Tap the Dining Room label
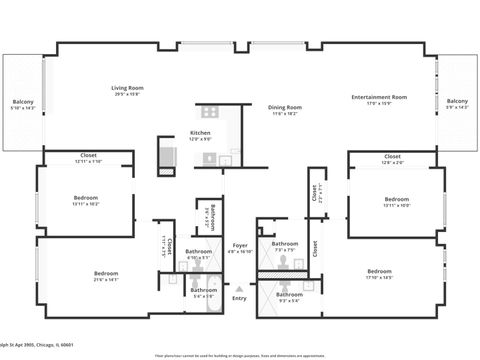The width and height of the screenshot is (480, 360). pos(284,107)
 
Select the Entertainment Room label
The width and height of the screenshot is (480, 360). pos(379,97)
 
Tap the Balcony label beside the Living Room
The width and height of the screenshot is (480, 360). pos(23,102)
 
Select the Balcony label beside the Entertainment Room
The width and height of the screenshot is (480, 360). pos(457,101)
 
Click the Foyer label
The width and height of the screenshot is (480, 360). pos(240,245)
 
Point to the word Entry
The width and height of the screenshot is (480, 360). pos(239,298)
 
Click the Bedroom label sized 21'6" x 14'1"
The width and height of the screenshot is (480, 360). pos(107,273)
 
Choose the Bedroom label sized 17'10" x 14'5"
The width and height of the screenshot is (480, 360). pos(379,271)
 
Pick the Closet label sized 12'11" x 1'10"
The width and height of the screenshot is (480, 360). pos(88,156)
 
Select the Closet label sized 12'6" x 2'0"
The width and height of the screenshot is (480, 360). pos(392,156)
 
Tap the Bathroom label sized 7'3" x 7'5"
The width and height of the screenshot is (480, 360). pos(286,244)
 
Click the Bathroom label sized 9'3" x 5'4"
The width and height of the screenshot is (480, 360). pos(290,294)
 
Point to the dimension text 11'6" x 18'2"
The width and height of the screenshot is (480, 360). pos(284,114)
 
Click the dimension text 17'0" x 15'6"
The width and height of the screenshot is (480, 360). pos(379,104)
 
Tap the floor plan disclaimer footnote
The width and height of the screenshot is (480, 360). pos(240,354)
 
